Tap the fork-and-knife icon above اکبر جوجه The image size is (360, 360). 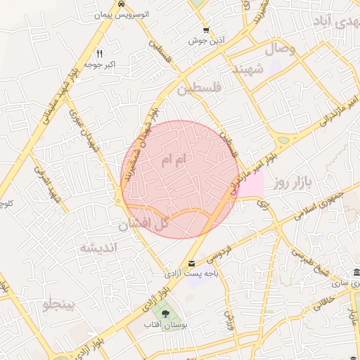coord(100,53)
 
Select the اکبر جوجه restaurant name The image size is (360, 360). coord(101,65)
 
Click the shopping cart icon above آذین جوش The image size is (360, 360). coord(206,30)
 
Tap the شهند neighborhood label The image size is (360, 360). coord(250,70)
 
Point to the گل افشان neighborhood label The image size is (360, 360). coord(143,225)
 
